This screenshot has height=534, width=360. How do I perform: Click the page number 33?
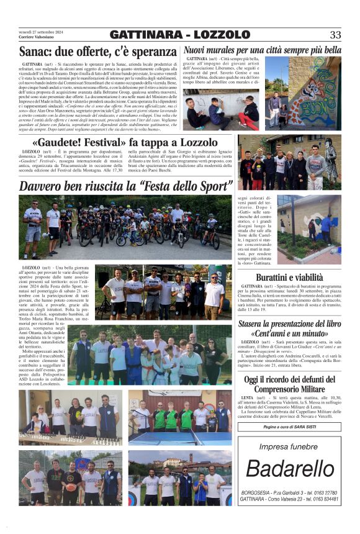point(335,35)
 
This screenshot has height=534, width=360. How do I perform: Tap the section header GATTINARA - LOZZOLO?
point(179,35)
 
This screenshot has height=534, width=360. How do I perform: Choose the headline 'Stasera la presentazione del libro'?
point(289,324)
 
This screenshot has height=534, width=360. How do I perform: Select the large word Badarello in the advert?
point(289,470)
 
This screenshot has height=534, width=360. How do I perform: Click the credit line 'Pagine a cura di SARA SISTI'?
point(289,427)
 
